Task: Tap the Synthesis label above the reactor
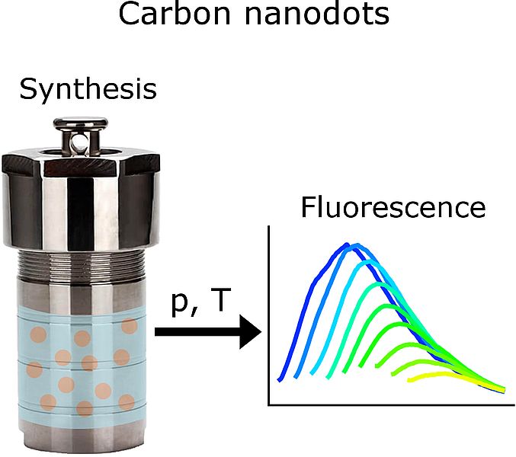point(88,90)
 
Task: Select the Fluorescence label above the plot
point(393,207)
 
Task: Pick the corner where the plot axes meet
point(269,403)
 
